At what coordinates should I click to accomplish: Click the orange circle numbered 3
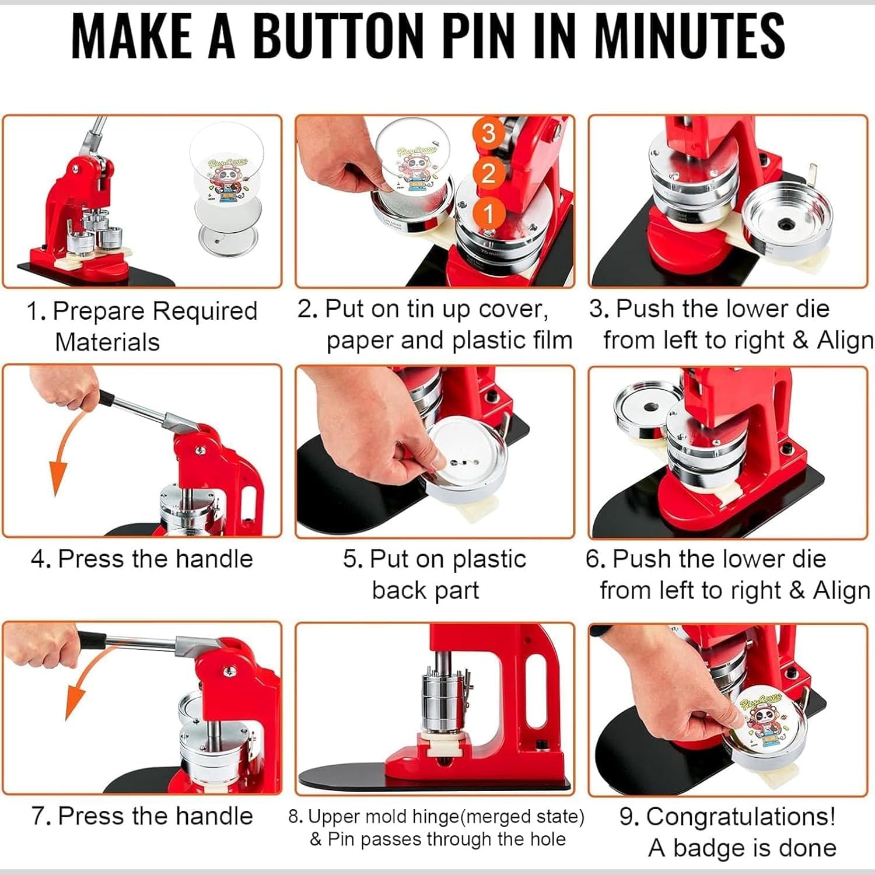[489, 133]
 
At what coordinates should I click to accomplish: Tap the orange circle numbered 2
[489, 173]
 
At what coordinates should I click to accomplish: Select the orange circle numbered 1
[489, 213]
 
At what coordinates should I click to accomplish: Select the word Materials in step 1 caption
[107, 342]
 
